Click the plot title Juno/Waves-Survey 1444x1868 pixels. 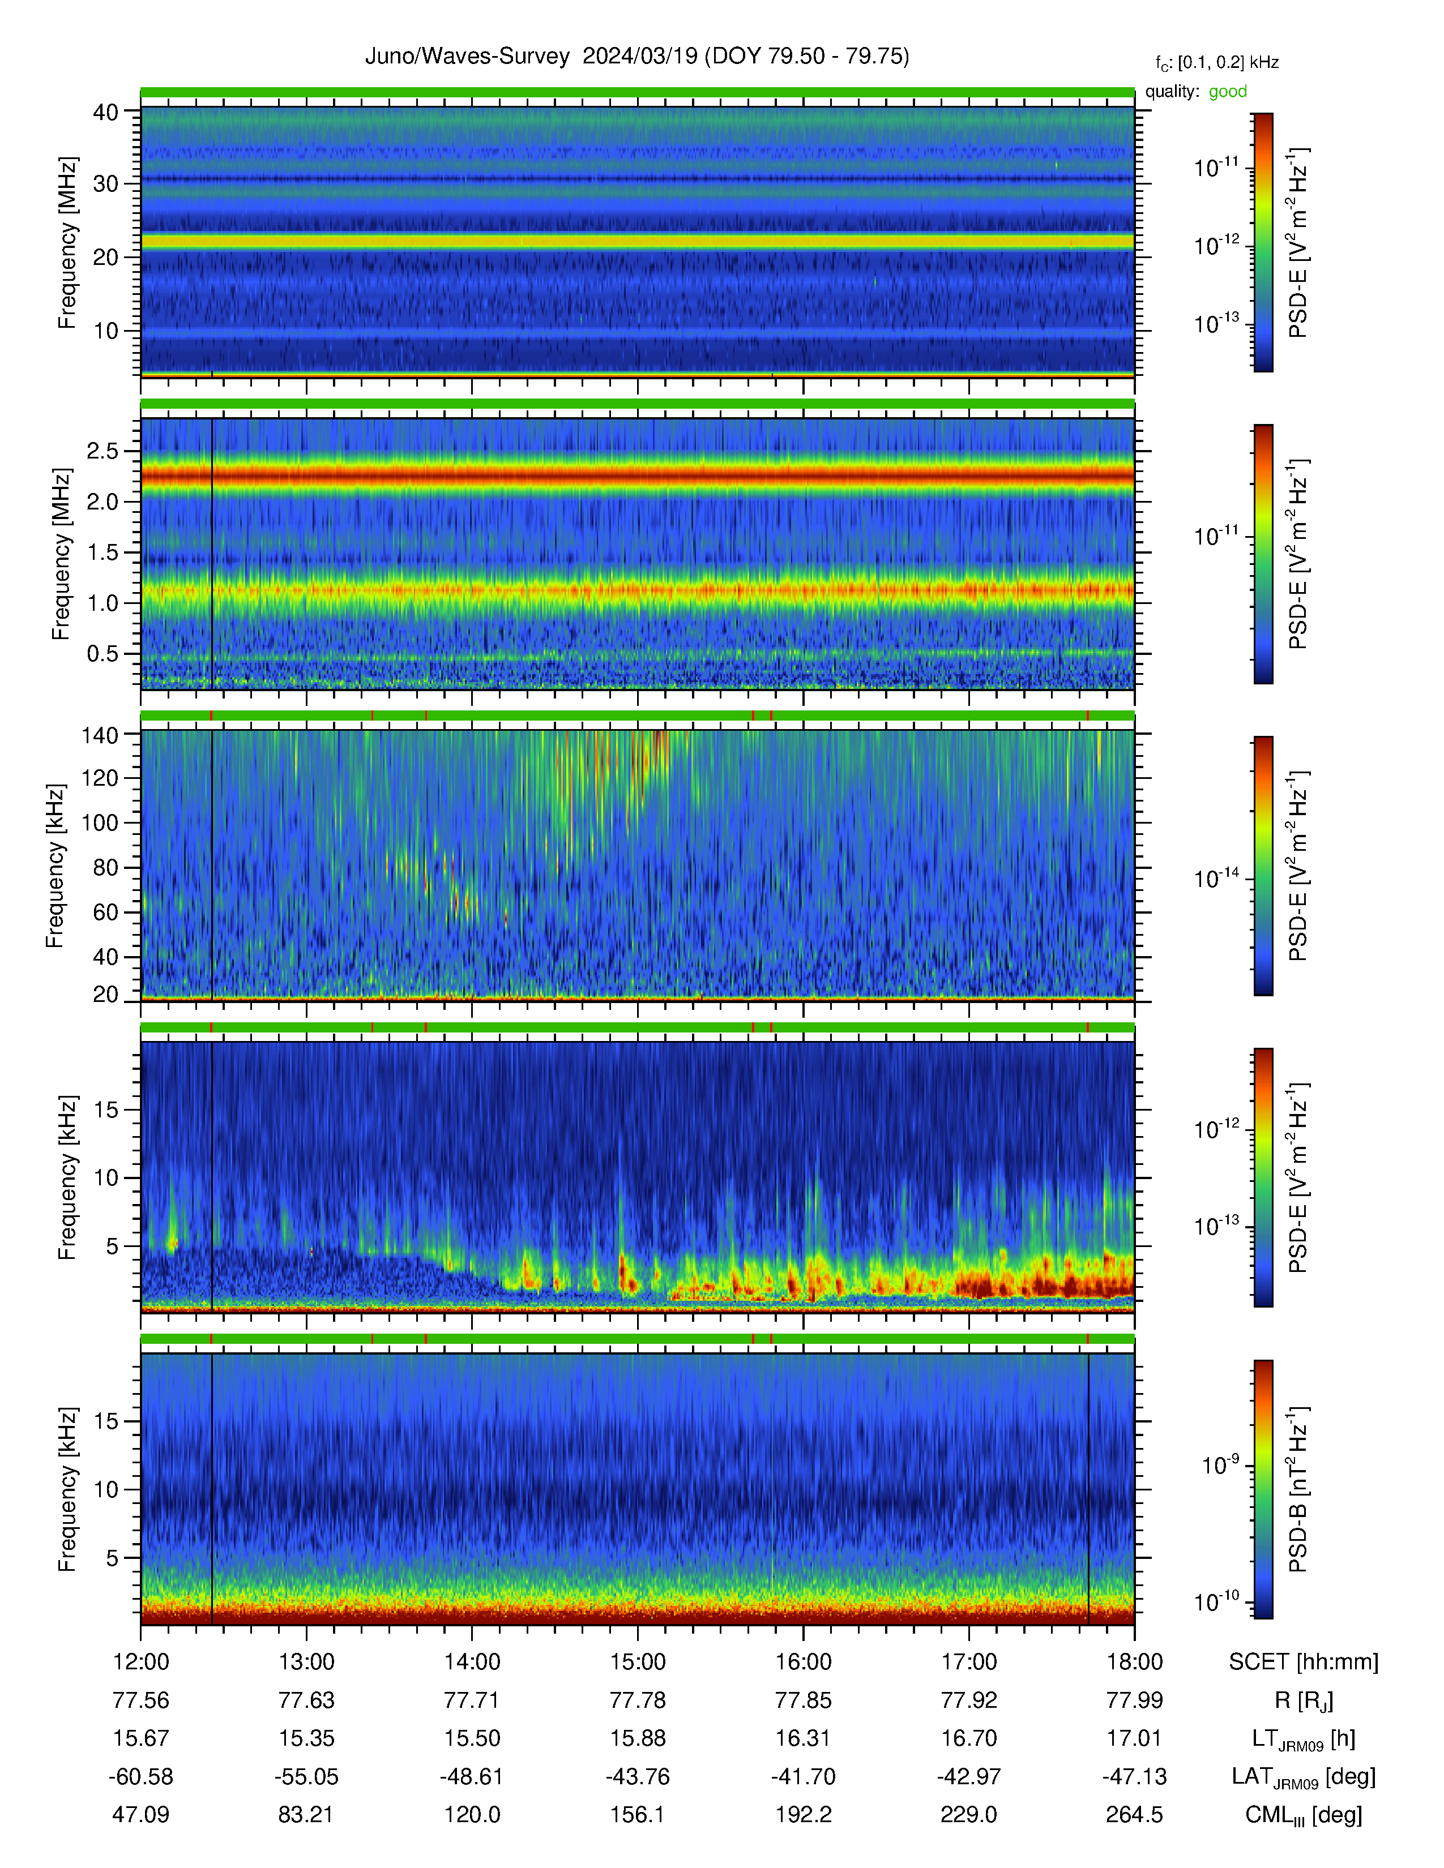coord(467,57)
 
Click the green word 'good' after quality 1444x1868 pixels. coord(1228,92)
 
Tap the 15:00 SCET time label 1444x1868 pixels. coord(637,1662)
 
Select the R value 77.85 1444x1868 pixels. coord(804,1700)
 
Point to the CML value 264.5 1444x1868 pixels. coord(1134,1815)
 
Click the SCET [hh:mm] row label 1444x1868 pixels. coord(1304,1662)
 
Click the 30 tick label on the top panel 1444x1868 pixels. coord(106,184)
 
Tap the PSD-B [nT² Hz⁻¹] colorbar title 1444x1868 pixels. coord(1298,1489)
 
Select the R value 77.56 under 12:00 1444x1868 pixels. coord(140,1700)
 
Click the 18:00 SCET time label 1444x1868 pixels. coord(1134,1662)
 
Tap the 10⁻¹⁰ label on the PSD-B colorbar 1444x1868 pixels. coord(1216,1601)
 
